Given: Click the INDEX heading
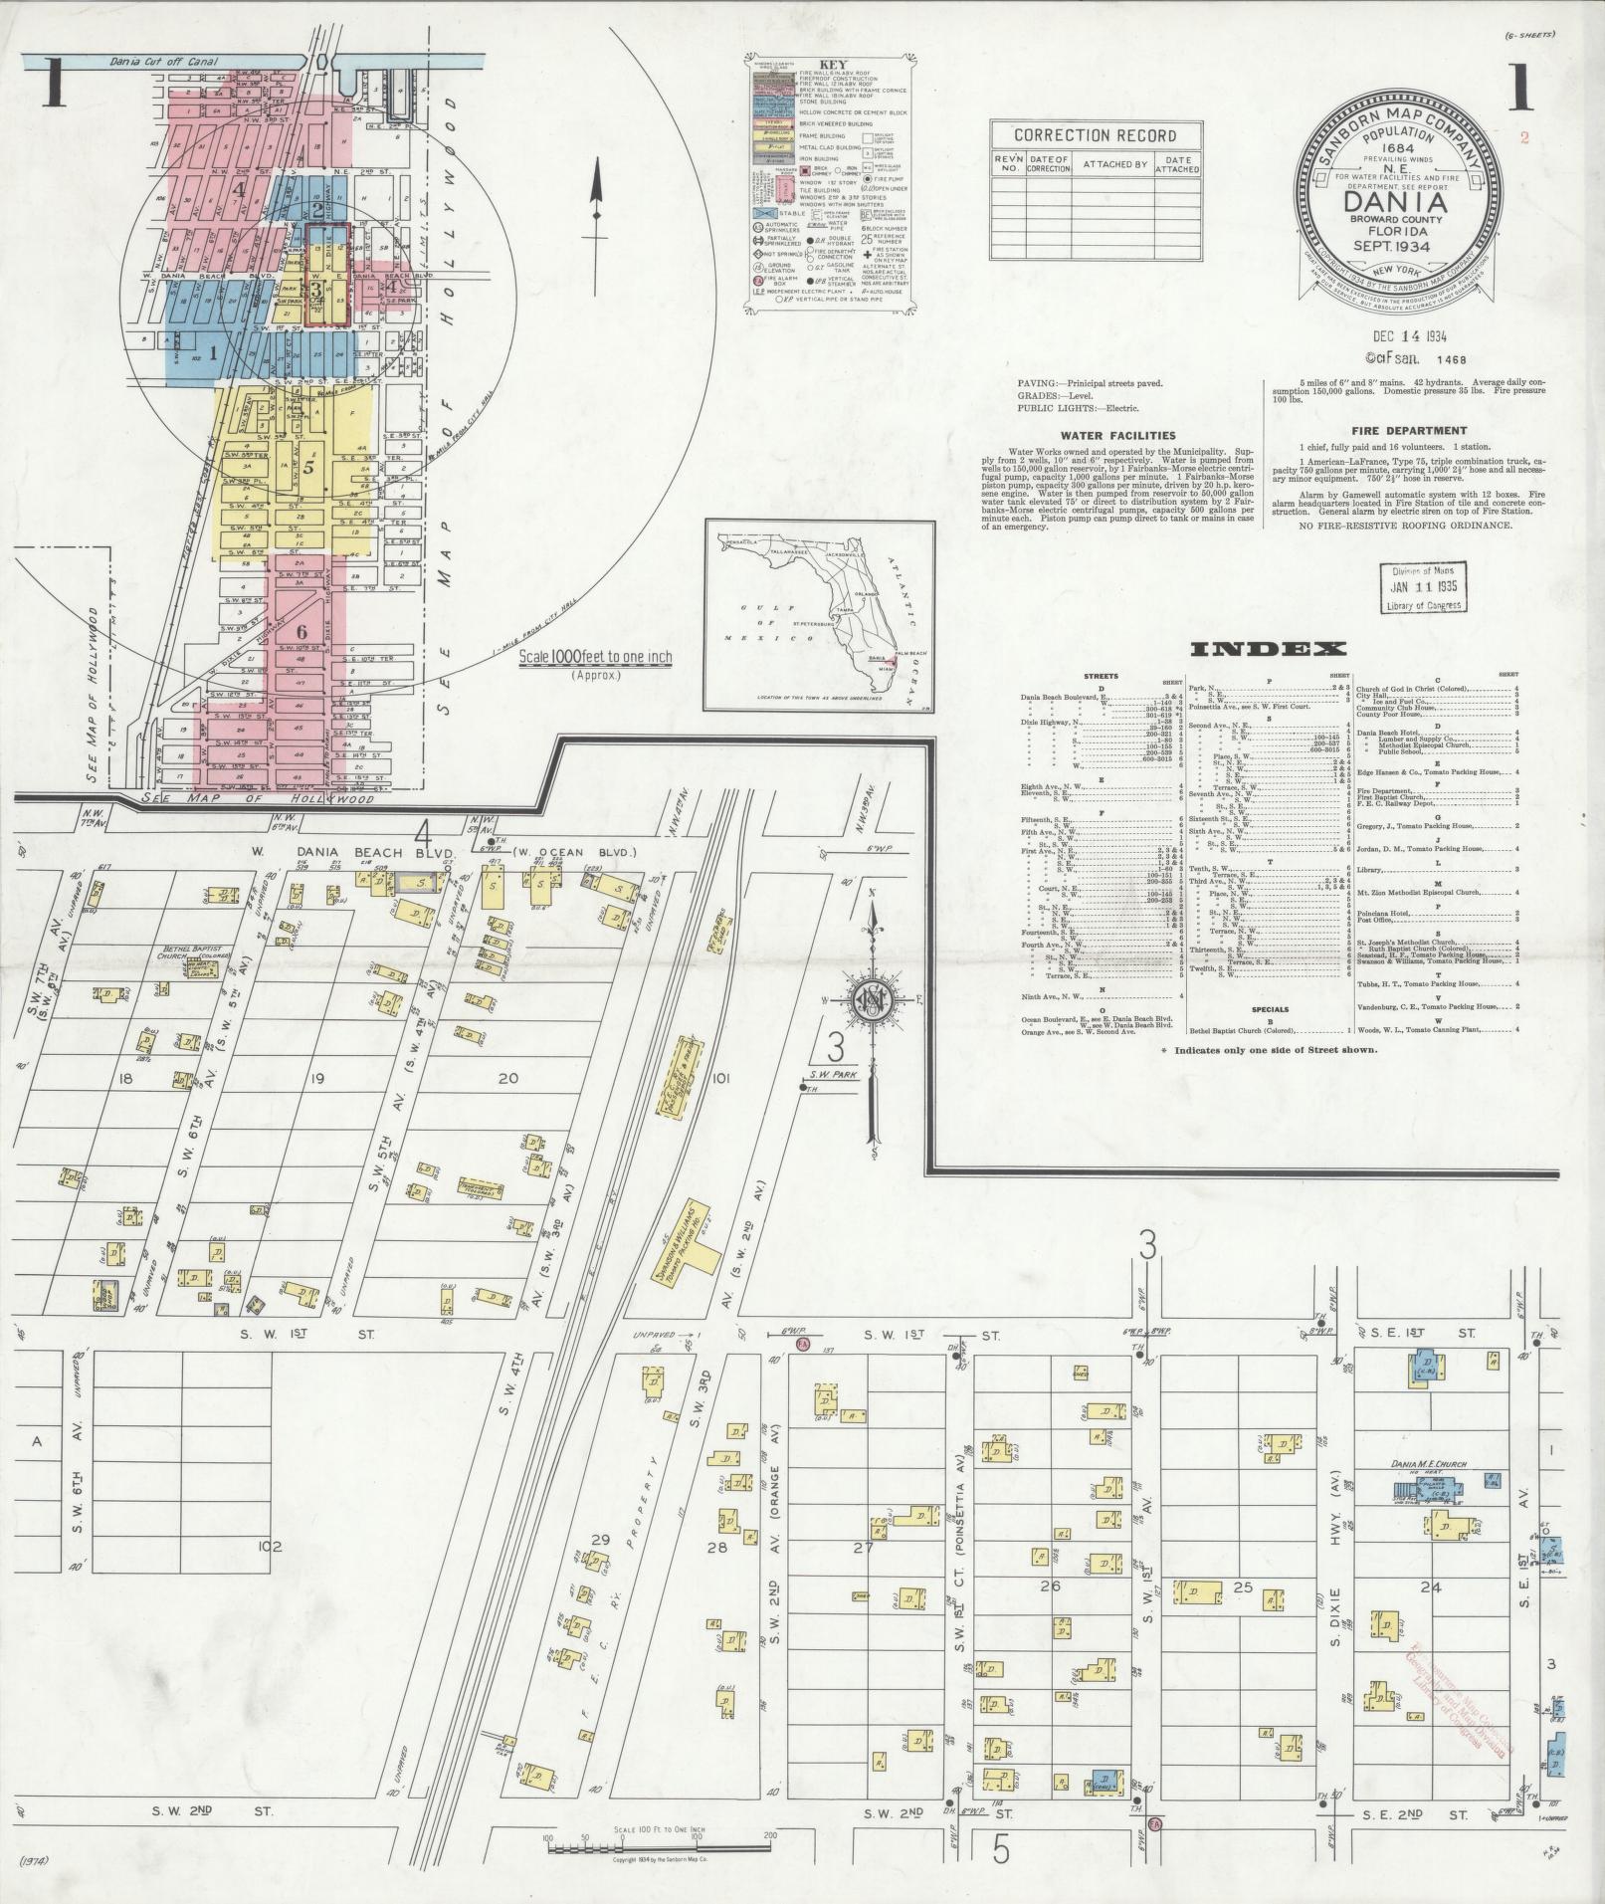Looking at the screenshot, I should coord(1268,650).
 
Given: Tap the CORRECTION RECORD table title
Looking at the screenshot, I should coord(1095,135).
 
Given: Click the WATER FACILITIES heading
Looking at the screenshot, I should coord(1116,435).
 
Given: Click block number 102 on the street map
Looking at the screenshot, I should coord(270,1574).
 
